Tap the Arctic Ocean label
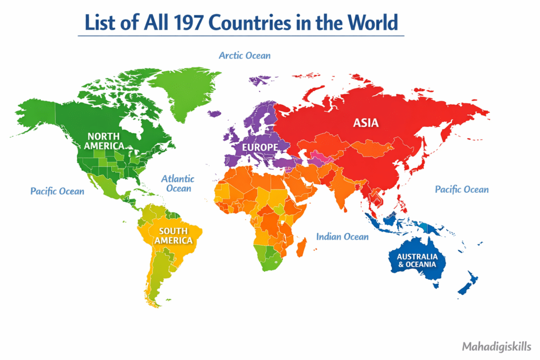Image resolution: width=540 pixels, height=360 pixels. (x=245, y=55)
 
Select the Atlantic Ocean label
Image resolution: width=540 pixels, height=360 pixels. (x=177, y=183)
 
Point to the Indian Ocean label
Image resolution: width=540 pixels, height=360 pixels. (x=342, y=237)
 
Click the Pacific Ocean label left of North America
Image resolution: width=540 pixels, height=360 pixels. (x=57, y=191)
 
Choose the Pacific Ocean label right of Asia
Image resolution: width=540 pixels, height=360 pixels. (x=461, y=189)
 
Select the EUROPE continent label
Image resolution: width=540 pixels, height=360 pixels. (x=260, y=147)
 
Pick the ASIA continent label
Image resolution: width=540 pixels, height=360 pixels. (x=365, y=123)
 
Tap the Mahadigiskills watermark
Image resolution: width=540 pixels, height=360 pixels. (x=497, y=347)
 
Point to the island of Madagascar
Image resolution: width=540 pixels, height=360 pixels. (x=302, y=246)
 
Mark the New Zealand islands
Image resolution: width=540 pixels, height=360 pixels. (x=468, y=283)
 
